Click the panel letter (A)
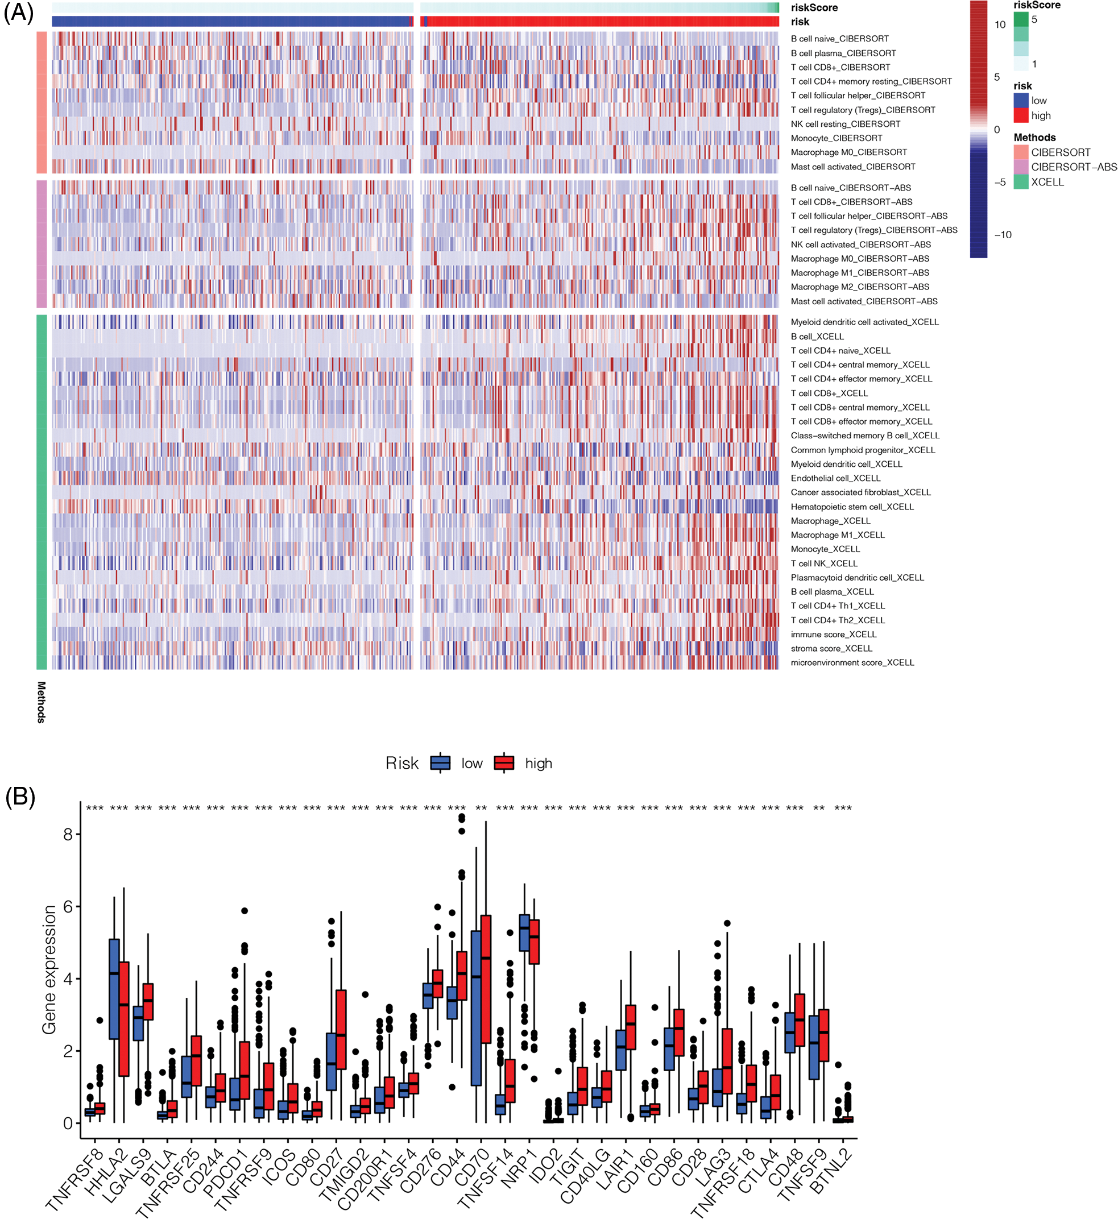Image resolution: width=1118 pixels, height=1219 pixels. tap(18, 12)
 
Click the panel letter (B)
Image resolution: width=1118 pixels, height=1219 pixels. tap(20, 797)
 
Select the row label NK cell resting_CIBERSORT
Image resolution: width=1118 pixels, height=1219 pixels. tap(845, 124)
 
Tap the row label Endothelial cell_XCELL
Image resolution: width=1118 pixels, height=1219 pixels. tap(835, 479)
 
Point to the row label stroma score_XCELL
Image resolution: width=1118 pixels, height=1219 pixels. tap(831, 649)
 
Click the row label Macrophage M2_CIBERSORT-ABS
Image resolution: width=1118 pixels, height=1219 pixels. tap(860, 287)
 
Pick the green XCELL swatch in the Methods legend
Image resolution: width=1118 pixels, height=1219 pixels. tap(1021, 182)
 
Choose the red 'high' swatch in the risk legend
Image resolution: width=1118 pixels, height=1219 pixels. tap(1021, 115)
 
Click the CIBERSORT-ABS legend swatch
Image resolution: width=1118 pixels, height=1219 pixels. tap(1021, 167)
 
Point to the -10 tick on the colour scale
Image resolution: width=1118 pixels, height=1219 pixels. tap(1003, 235)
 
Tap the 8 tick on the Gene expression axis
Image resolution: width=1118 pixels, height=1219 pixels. tap(68, 835)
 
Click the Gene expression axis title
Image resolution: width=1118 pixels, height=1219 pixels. tap(49, 969)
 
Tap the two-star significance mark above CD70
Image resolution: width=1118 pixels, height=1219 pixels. tap(481, 808)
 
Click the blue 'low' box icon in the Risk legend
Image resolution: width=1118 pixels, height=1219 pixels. tap(440, 764)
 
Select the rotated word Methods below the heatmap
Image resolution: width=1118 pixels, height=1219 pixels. tap(41, 702)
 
